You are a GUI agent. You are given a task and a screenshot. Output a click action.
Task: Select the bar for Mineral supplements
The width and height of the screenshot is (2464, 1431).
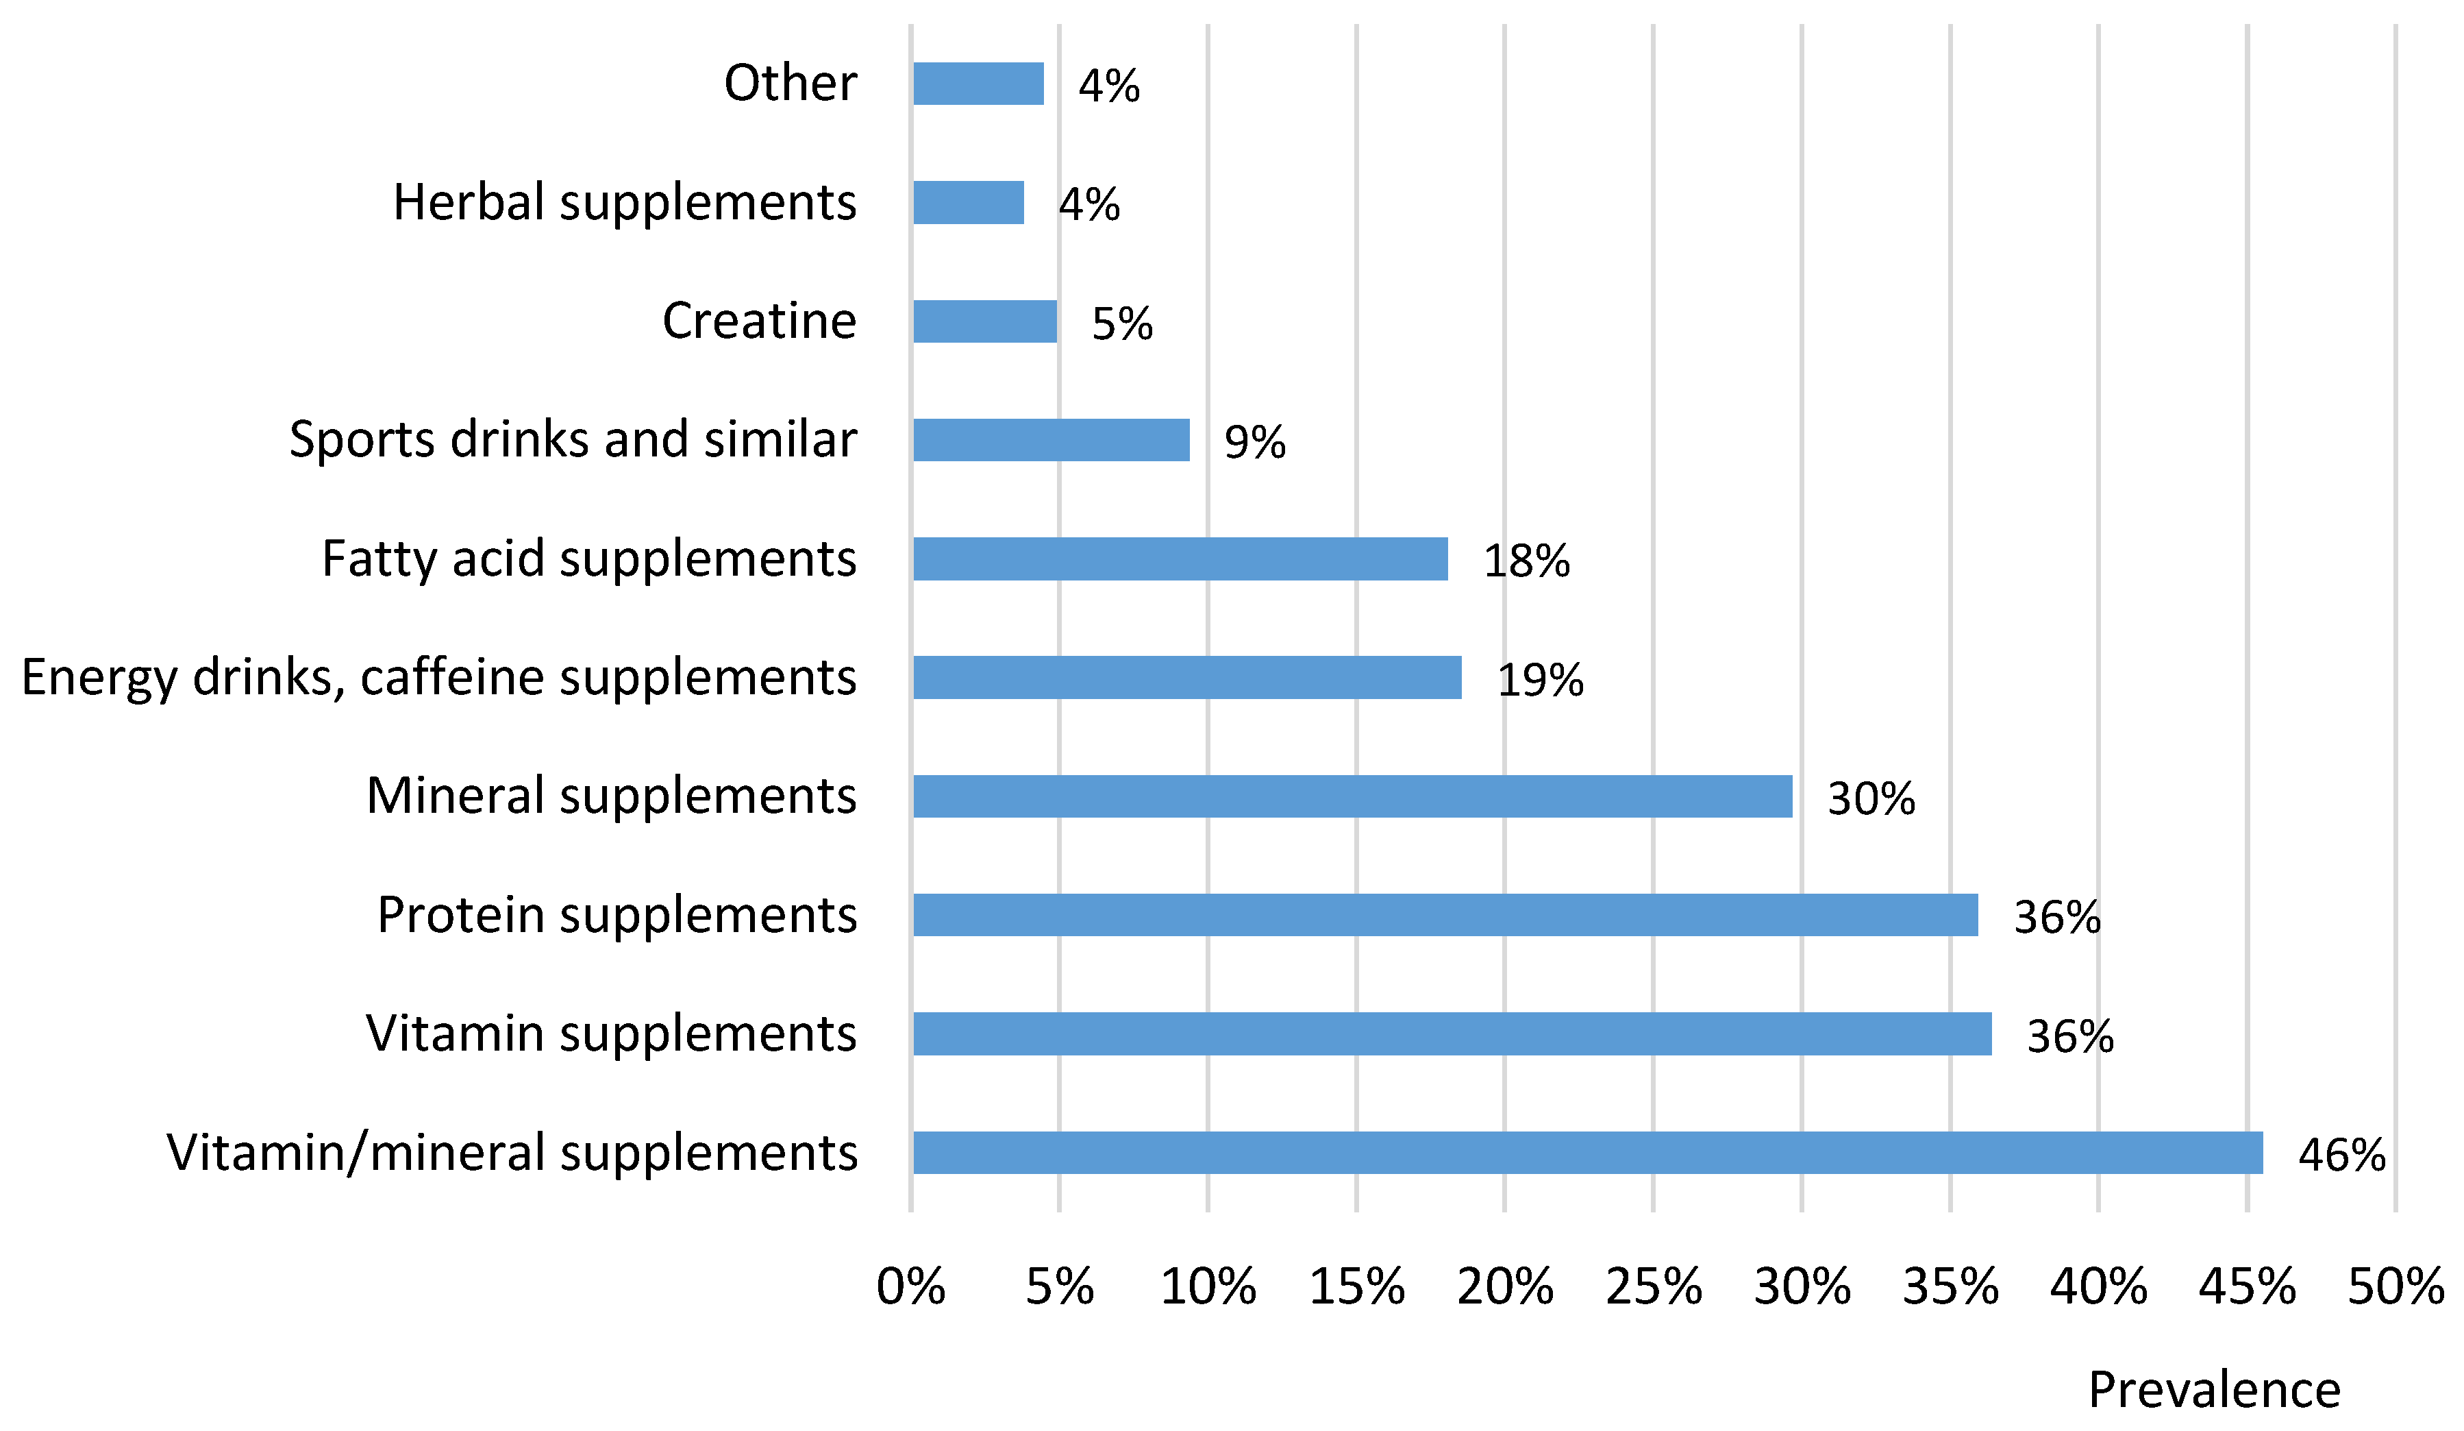point(1352,796)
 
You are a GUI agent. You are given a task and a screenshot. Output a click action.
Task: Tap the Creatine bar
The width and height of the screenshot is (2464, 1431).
point(984,322)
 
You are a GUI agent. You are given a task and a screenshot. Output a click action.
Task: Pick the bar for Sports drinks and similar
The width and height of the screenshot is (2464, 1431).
point(1051,440)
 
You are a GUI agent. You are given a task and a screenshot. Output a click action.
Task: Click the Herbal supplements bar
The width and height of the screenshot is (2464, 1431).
point(968,202)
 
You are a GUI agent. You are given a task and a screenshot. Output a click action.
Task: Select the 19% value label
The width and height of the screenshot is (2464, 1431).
point(1540,680)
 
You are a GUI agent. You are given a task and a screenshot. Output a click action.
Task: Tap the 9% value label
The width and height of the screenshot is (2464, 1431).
point(1254,442)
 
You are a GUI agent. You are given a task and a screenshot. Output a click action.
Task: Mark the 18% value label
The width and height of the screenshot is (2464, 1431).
point(1526,561)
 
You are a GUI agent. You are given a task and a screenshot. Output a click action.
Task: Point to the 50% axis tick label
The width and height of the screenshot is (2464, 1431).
point(2395,1287)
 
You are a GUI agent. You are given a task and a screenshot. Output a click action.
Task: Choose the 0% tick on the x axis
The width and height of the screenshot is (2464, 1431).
point(910,1287)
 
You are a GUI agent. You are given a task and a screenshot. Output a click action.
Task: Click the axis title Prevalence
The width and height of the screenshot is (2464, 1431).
point(2214,1390)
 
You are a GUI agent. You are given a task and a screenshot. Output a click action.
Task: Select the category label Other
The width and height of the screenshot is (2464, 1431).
point(790,83)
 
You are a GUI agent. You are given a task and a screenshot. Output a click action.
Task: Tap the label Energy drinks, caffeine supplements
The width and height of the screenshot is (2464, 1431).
point(439,678)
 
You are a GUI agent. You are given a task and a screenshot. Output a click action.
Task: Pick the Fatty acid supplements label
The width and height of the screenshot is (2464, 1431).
point(588,559)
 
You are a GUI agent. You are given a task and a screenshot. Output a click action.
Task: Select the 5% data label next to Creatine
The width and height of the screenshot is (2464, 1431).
point(1121,323)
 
